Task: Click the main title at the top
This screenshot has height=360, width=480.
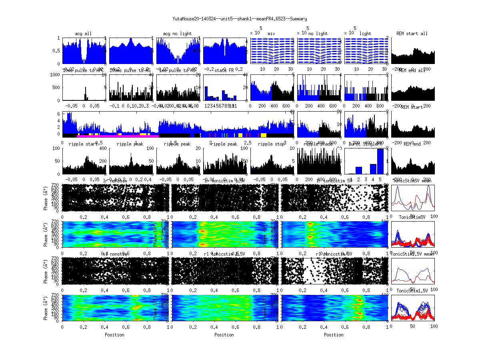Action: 240,18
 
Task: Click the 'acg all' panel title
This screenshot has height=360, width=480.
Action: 83,34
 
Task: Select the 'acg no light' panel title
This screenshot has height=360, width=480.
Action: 177,34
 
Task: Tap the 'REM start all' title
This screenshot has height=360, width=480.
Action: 412,34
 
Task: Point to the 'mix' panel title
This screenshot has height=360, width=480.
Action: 272,34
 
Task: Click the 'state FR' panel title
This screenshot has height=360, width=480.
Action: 224,70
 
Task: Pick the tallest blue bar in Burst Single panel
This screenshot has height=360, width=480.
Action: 380,161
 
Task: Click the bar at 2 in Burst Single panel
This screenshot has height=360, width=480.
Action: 359,170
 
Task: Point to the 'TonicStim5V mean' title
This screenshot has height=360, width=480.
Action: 412,181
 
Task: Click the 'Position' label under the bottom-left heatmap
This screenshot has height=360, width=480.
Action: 114,334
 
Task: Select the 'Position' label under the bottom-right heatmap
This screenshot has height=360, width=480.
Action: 334,334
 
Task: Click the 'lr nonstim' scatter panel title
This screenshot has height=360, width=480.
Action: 115,181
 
